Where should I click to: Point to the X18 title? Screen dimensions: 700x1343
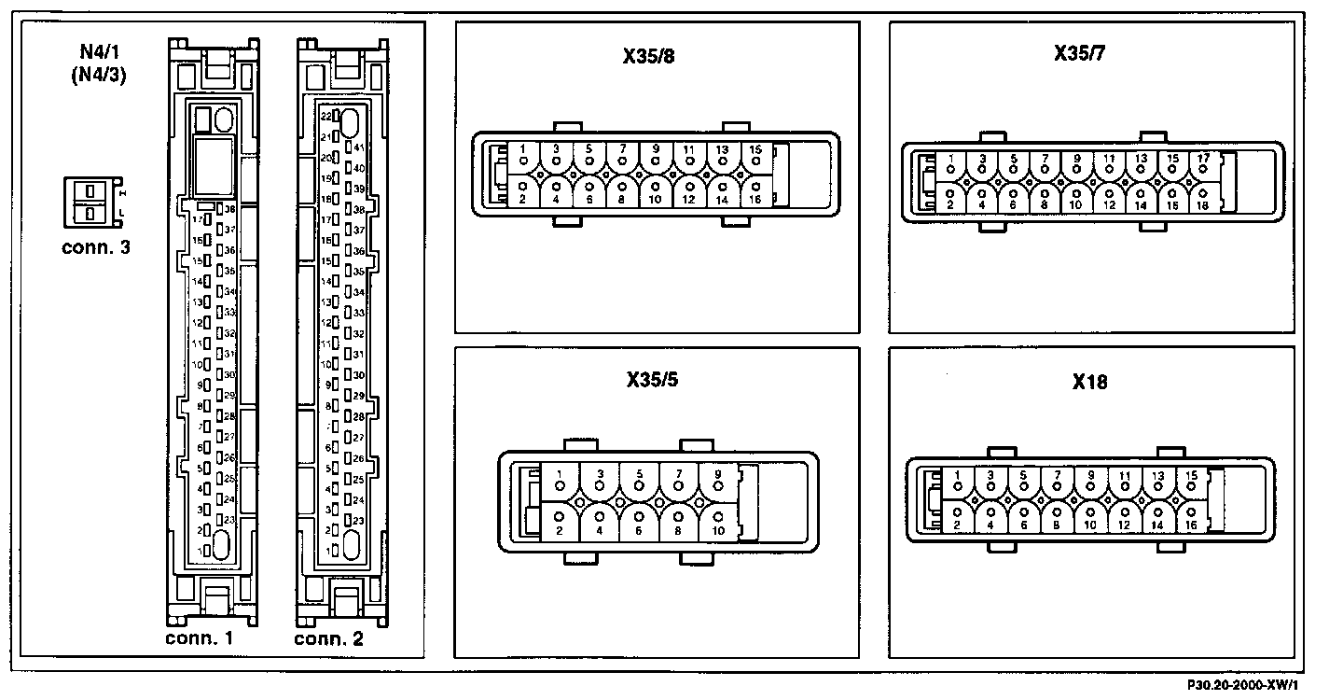[1089, 382]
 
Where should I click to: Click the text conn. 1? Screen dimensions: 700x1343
[199, 639]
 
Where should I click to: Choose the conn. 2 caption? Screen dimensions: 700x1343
[328, 639]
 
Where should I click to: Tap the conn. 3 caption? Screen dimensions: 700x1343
[96, 247]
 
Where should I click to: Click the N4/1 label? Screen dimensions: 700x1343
[100, 51]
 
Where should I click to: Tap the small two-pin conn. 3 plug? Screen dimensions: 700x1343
[89, 202]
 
